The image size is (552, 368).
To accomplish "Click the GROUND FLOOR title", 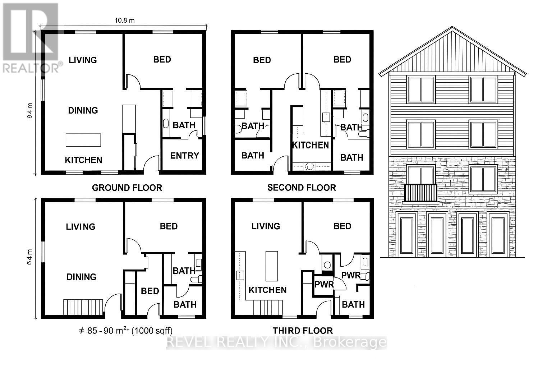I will pos(127,188).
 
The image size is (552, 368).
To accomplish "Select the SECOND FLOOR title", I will pos(302,188).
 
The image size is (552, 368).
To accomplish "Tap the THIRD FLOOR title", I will pos(303,331).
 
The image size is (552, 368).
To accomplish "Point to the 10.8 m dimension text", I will pos(124,20).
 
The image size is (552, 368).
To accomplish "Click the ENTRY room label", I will pos(184,156).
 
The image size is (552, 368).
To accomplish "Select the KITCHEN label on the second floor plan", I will pos(310,145).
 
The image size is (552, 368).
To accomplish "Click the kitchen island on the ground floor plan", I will pos(83,140).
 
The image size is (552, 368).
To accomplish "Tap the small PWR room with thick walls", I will pos(324,285).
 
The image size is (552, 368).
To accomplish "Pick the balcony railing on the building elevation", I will pos(421,193).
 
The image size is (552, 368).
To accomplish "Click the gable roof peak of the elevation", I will pos(452,29).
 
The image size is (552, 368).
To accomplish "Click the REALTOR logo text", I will pos(32,68).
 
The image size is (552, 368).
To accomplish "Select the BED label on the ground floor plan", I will pos(162,59).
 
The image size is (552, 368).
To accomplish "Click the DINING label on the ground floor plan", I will pos(83,110).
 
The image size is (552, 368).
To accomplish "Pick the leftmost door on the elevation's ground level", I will pos(406,235).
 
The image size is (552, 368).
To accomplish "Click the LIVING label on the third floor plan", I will pos(266,226).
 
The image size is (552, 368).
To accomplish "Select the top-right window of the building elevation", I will pos(483,89).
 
